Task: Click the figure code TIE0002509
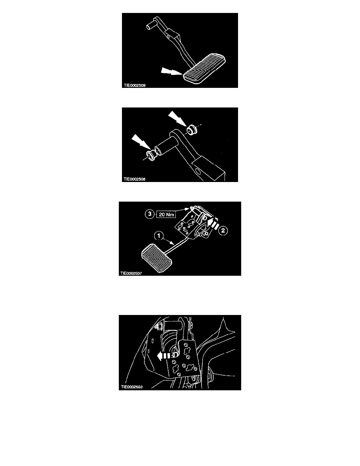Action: [135, 85]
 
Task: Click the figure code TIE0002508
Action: [135, 179]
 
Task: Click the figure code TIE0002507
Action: [131, 273]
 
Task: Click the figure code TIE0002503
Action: [131, 387]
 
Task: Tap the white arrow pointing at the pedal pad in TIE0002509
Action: [171, 72]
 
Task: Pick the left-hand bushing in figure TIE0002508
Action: [151, 155]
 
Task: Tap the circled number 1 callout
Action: [159, 236]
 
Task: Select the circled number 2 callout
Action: [223, 230]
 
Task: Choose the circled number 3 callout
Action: [150, 214]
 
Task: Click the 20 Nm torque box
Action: [166, 214]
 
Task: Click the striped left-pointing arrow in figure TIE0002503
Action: [165, 355]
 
